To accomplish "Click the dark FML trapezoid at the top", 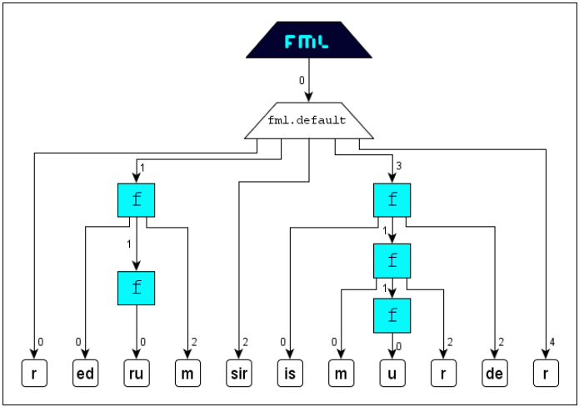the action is (x=309, y=40).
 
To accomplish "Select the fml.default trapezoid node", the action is (x=309, y=120).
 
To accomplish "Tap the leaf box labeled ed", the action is (x=85, y=374).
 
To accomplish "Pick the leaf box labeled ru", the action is (x=137, y=374).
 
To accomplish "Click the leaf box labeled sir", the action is (x=239, y=374).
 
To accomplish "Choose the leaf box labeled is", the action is (x=290, y=374).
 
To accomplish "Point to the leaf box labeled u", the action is (x=392, y=374).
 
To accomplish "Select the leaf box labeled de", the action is (x=495, y=374).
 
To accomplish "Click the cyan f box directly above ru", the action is (x=137, y=288).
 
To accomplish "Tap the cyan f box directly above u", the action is (x=392, y=316).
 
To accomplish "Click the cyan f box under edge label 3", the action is (x=392, y=200).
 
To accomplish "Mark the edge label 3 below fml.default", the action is (x=399, y=166).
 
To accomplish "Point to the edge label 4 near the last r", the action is (x=552, y=342).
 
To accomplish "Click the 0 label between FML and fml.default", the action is (x=302, y=80).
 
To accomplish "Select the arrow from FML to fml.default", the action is (x=309, y=80).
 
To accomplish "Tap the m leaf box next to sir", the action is (x=188, y=374).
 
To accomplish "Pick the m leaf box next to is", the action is (x=342, y=374).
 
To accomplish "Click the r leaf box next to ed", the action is (x=34, y=374).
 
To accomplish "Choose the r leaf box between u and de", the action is (x=443, y=374).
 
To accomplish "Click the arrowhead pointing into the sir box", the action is (x=239, y=354).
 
